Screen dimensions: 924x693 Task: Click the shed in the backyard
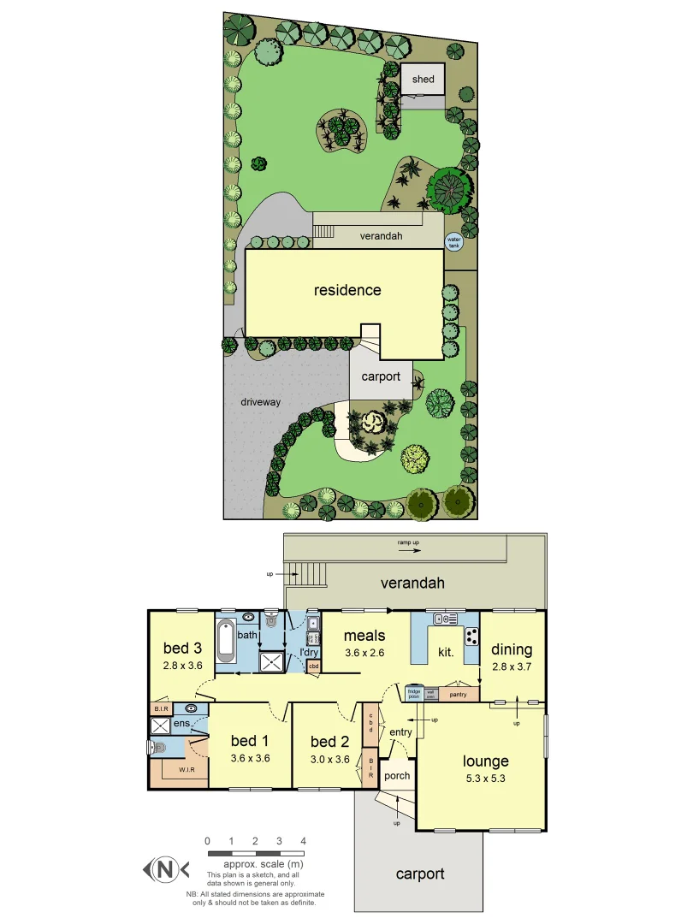click(423, 80)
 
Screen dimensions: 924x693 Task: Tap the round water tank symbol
click(453, 242)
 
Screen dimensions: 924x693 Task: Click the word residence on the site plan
click(347, 290)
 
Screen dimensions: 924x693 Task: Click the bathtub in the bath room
click(226, 640)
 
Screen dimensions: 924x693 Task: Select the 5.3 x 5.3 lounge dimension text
click(486, 778)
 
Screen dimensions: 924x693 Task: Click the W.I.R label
click(187, 770)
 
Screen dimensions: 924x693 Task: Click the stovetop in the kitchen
click(471, 636)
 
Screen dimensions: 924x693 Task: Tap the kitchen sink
click(445, 619)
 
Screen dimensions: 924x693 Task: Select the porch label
click(397, 776)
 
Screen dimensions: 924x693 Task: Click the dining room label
click(512, 649)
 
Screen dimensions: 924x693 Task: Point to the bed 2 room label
click(329, 742)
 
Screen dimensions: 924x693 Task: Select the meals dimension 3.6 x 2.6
click(365, 652)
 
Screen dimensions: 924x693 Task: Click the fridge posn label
click(414, 693)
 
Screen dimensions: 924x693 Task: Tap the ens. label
click(183, 725)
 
